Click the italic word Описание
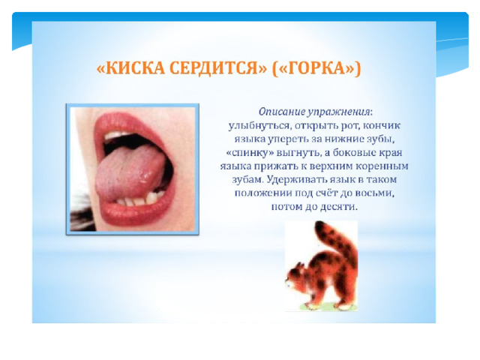click(x=282, y=112)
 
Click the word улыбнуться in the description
click(x=259, y=126)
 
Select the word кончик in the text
click(x=382, y=125)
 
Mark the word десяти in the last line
click(x=338, y=207)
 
